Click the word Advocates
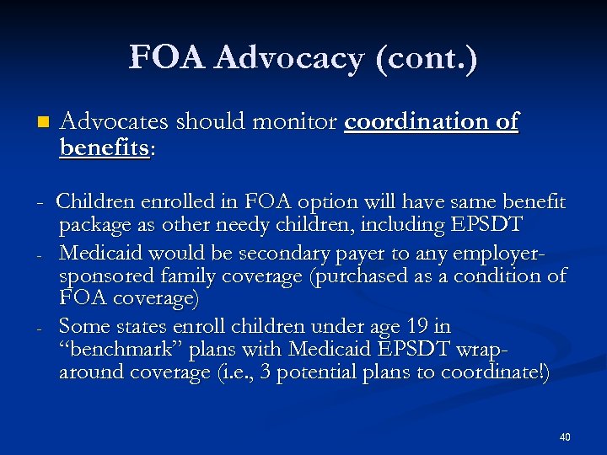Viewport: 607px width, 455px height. click(113, 123)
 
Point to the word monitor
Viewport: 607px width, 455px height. click(301, 123)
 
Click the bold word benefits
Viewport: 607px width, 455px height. click(105, 147)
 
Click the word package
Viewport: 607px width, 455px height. click(95, 226)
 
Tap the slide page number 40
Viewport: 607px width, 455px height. click(565, 437)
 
